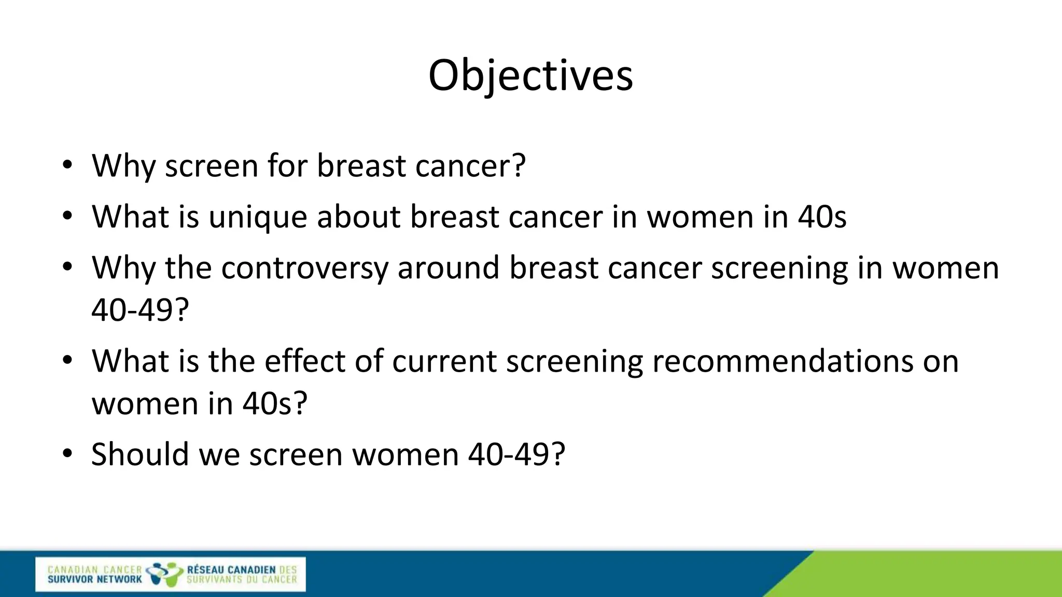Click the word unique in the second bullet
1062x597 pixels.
(258, 217)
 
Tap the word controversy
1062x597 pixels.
(304, 268)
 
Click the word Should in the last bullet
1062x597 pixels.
(140, 454)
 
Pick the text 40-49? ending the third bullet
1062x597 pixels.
(140, 310)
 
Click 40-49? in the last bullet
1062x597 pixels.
(516, 454)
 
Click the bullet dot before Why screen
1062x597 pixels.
(67, 166)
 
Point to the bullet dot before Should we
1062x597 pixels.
(67, 454)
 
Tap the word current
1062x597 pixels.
(444, 361)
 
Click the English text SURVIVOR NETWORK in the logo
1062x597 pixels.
(94, 579)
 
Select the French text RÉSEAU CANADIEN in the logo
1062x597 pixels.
(231, 570)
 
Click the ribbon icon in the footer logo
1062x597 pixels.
(164, 574)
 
